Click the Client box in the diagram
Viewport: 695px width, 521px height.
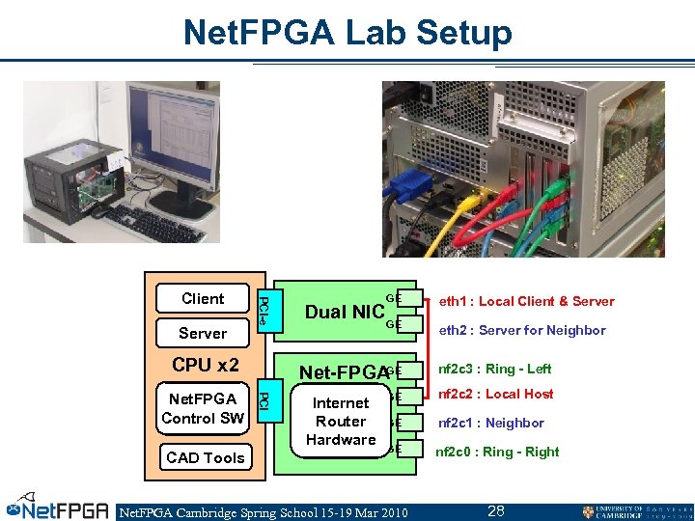pyautogui.click(x=203, y=299)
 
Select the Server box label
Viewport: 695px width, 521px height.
pyautogui.click(x=203, y=333)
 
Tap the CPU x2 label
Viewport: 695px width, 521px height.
pyautogui.click(x=205, y=365)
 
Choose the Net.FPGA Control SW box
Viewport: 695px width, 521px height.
pyautogui.click(x=203, y=408)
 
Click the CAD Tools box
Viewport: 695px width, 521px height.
pyautogui.click(x=205, y=457)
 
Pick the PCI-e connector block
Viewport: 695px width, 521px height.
pyautogui.click(x=264, y=310)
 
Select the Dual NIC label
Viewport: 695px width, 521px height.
pyautogui.click(x=345, y=312)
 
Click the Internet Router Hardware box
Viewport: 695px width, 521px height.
pyautogui.click(x=341, y=422)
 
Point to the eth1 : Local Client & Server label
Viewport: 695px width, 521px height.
pyautogui.click(x=526, y=301)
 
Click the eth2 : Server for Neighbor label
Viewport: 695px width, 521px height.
pyautogui.click(x=522, y=330)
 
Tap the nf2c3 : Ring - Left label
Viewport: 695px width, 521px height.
pyautogui.click(x=494, y=369)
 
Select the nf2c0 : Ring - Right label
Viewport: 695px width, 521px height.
pyautogui.click(x=497, y=452)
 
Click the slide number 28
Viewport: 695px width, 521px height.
pyautogui.click(x=496, y=510)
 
